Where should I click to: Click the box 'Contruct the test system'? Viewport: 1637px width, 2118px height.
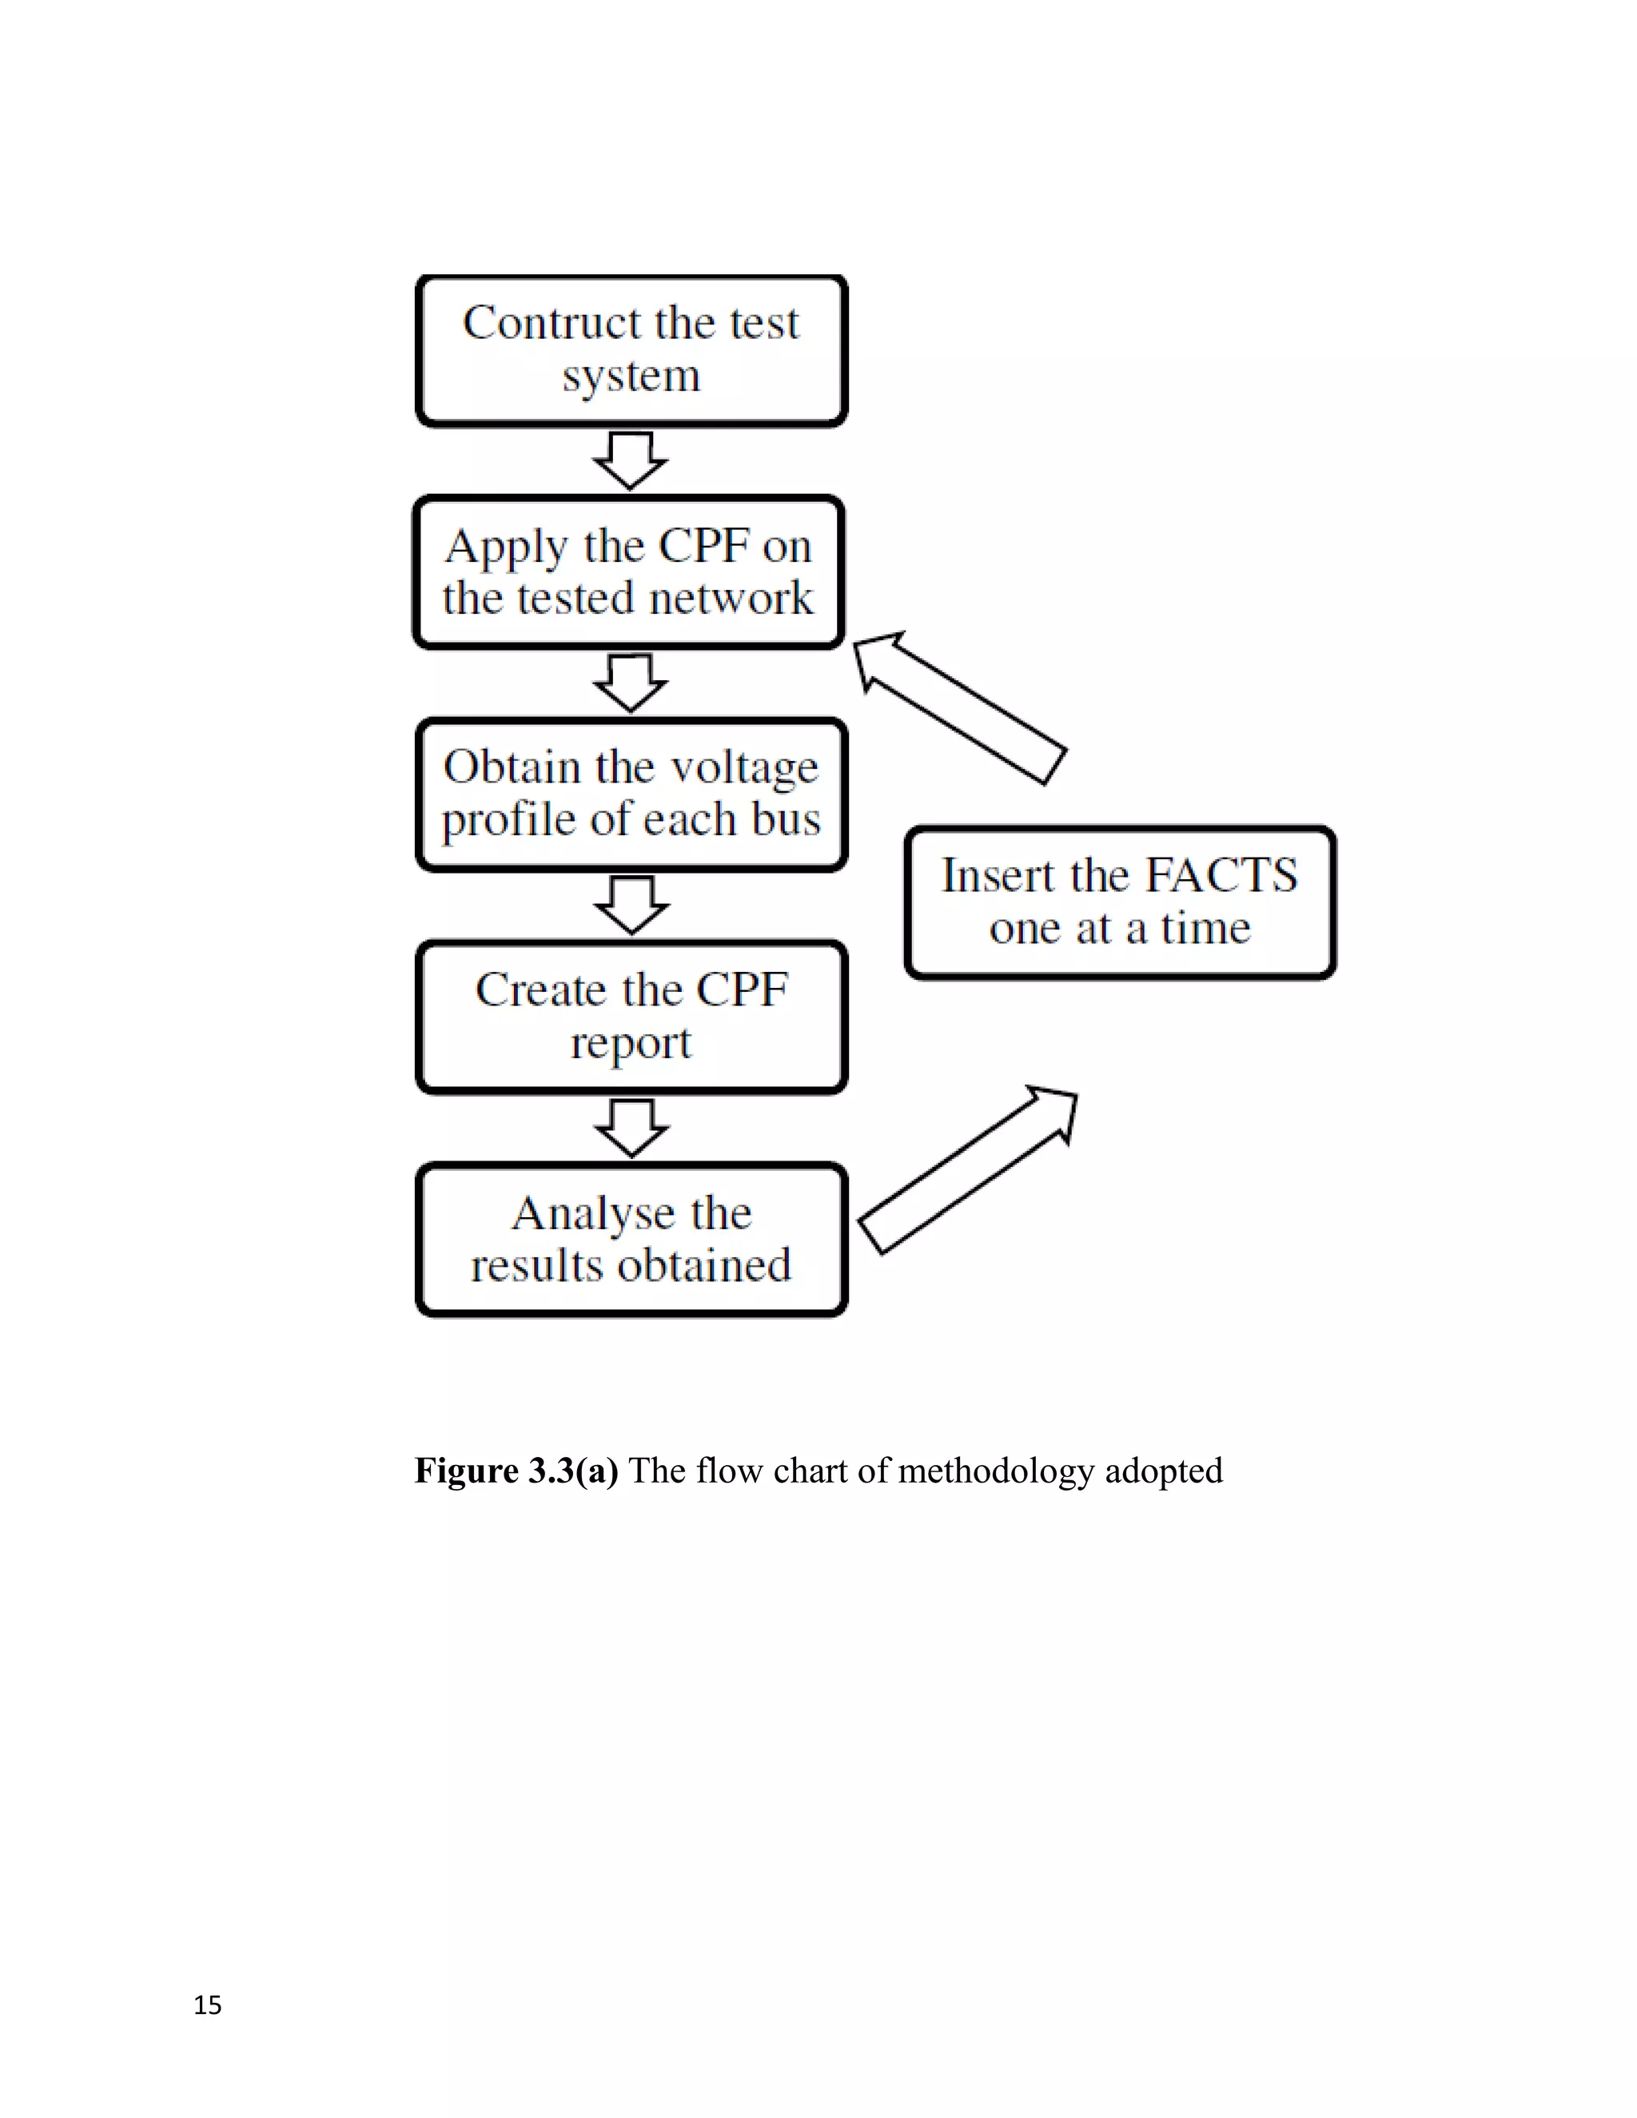(631, 351)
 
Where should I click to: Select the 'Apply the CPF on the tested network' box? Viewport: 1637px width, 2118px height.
(629, 572)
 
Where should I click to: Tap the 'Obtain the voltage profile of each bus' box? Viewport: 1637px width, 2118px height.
(631, 794)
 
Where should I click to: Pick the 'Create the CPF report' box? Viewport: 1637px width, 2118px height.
(631, 1017)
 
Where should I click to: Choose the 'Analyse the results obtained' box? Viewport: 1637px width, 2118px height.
(631, 1240)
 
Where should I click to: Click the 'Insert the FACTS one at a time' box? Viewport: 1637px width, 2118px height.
(1120, 902)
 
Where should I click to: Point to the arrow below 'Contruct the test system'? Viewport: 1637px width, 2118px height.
(631, 460)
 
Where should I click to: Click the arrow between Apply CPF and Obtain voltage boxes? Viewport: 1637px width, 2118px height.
(631, 683)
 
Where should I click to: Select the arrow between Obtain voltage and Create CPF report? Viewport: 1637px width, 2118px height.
(631, 905)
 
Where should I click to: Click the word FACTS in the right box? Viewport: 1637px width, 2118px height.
(1221, 876)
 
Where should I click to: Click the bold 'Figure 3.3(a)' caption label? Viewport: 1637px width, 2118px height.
(516, 1471)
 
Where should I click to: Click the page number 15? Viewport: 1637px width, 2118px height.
(208, 2005)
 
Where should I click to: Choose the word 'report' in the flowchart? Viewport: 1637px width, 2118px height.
(631, 1044)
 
